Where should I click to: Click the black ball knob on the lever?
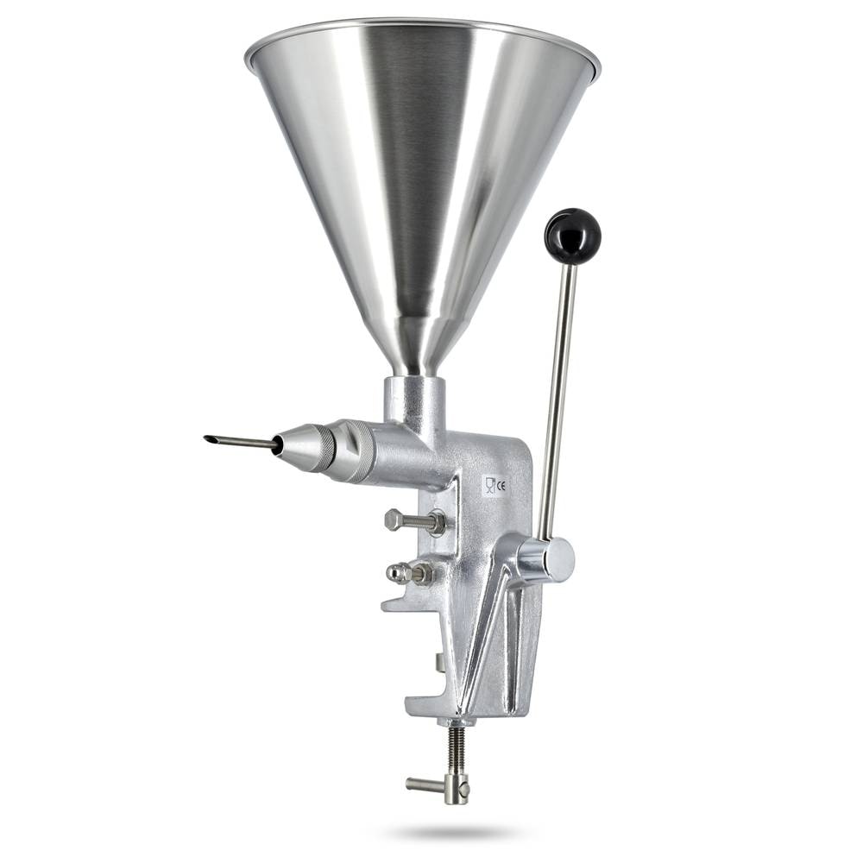click(572, 236)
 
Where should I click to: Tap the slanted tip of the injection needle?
click(207, 439)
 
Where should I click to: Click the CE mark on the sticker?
click(501, 485)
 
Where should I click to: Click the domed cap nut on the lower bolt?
click(395, 573)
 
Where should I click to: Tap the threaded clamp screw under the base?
click(457, 752)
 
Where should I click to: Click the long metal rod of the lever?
click(557, 402)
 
